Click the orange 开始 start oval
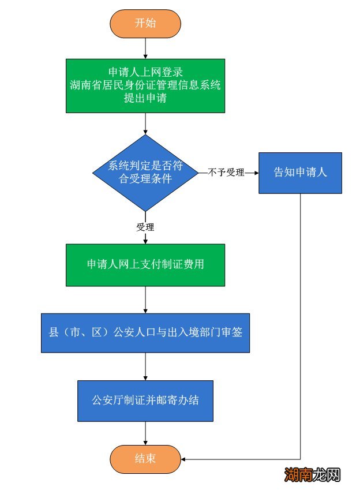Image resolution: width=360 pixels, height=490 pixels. coord(145,24)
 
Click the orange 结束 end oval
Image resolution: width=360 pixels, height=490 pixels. coord(145,459)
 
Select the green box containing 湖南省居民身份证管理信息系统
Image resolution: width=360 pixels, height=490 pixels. coord(145,86)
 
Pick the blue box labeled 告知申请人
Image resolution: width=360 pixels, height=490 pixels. coord(300,173)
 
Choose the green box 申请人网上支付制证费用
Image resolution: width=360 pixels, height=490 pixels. coord(145,265)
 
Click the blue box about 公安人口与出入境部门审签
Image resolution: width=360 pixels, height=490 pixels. coord(145,333)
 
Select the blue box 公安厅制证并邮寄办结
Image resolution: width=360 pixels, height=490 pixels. coord(145,400)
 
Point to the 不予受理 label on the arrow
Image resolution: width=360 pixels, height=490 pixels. coord(227,173)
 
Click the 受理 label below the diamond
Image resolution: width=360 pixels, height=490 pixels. coord(145,227)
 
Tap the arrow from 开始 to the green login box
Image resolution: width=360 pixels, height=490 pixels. coord(145,48)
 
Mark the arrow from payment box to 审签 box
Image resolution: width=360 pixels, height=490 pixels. coord(145,300)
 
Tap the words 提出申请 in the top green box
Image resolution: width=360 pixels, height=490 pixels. coord(145,98)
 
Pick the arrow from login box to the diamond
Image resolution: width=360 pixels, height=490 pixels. coord(145,124)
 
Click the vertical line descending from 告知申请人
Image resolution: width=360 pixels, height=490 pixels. coord(301,323)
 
